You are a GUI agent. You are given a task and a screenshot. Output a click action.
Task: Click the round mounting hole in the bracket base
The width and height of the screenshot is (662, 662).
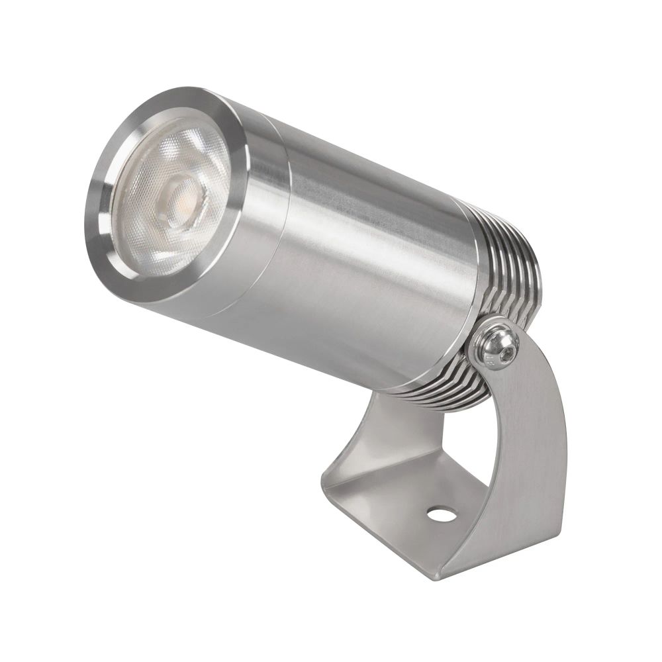[437, 512]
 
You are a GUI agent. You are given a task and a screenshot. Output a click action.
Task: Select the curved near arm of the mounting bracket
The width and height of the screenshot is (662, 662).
[523, 450]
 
